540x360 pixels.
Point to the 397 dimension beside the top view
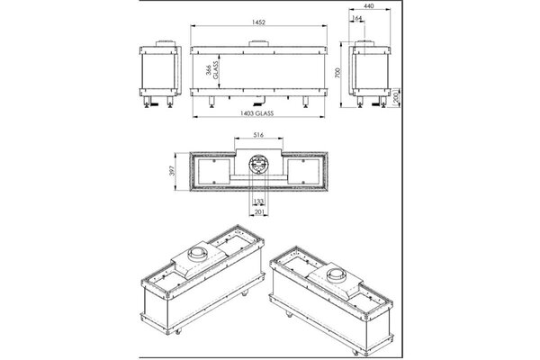(x=179, y=170)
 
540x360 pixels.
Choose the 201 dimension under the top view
(x=258, y=213)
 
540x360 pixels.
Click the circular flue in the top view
(x=258, y=167)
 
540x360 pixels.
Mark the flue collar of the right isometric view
(x=337, y=273)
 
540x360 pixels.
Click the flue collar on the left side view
(x=162, y=43)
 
